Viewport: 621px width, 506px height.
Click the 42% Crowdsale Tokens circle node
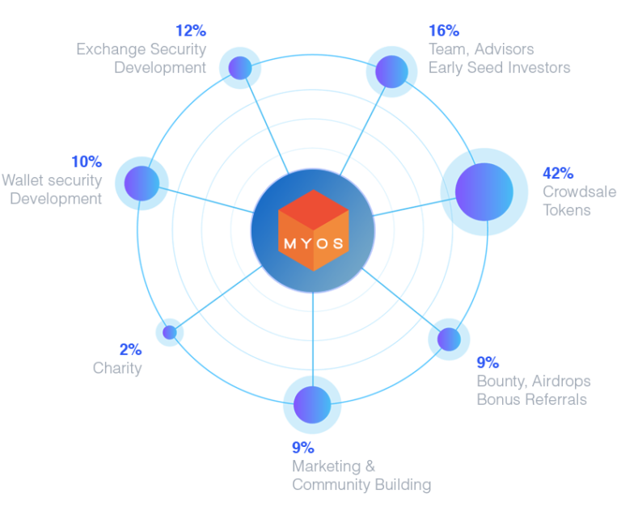[x=483, y=191]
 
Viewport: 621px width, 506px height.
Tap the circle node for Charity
[x=169, y=331]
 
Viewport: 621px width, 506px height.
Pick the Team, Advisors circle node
[x=391, y=70]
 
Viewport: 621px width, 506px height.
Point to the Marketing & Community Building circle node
[x=310, y=403]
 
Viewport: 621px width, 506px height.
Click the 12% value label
[x=192, y=31]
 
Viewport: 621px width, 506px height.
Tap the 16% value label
[x=443, y=31]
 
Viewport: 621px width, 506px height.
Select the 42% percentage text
[x=558, y=173]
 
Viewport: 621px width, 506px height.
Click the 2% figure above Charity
[x=130, y=349]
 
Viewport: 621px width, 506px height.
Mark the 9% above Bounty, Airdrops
[x=488, y=362]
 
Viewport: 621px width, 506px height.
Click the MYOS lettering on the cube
[x=313, y=242]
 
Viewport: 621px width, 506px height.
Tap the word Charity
[x=117, y=369]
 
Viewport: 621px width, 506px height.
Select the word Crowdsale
[x=579, y=192]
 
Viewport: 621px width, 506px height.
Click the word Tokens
[x=567, y=210]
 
